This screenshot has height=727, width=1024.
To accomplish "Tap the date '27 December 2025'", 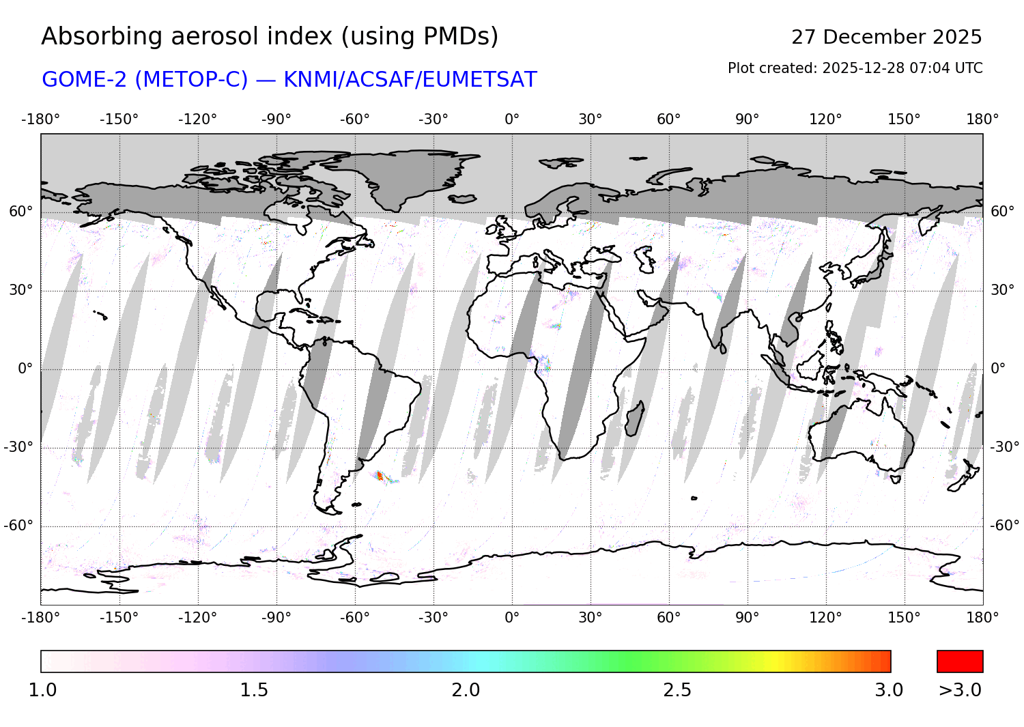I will [886, 37].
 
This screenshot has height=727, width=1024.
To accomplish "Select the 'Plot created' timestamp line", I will [855, 68].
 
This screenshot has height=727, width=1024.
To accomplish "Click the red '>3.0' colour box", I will [960, 661].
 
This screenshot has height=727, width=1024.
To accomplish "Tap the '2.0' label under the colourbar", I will [466, 690].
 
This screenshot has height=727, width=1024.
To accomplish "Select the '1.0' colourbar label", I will [42, 690].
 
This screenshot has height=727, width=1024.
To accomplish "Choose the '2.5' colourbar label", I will [677, 690].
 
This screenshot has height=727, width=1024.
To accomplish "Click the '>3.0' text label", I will [960, 690].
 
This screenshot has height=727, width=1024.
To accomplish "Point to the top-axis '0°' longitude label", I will [512, 119].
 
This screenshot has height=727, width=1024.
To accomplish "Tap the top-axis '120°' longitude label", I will [826, 119].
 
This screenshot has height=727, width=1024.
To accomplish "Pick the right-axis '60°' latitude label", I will [1002, 212].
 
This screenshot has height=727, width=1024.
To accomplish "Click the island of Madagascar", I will [634, 418].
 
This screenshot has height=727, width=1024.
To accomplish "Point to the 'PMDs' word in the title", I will [460, 37].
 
